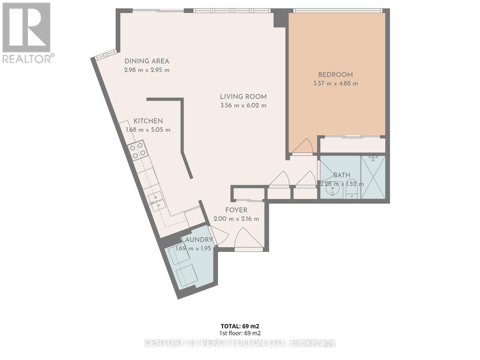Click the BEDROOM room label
point(335,75)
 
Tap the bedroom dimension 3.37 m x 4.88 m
point(335,84)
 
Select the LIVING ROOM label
point(243,97)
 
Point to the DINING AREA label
point(147,61)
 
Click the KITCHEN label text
point(148,121)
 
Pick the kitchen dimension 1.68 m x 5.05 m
point(148,130)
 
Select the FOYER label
point(236,210)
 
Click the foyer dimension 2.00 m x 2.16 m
point(236,219)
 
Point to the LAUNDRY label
point(197,240)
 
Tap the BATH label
point(342,175)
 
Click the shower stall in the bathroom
point(373,177)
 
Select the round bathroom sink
point(333,191)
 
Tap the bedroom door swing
point(304,147)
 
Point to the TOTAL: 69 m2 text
point(240,326)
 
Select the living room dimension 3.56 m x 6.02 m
point(243,106)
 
